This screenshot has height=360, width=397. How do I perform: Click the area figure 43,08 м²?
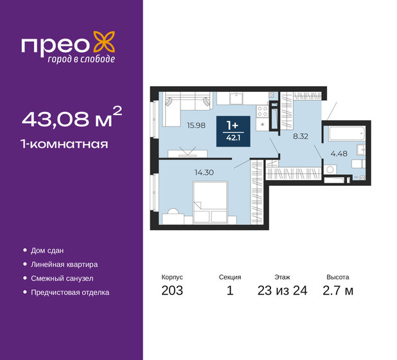coord(71,118)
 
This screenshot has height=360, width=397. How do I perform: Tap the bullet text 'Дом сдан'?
coord(48,250)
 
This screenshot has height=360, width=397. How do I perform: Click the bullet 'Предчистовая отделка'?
coord(70,292)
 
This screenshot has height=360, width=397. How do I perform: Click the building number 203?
coord(172,291)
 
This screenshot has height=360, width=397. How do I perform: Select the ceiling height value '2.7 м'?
coord(339,291)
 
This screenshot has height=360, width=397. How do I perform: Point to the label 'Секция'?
coord(230,277)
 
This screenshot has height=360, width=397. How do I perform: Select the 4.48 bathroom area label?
coord(339,152)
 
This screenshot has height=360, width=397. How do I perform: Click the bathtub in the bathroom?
coord(346,135)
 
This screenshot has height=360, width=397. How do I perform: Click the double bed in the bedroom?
coord(211,199)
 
